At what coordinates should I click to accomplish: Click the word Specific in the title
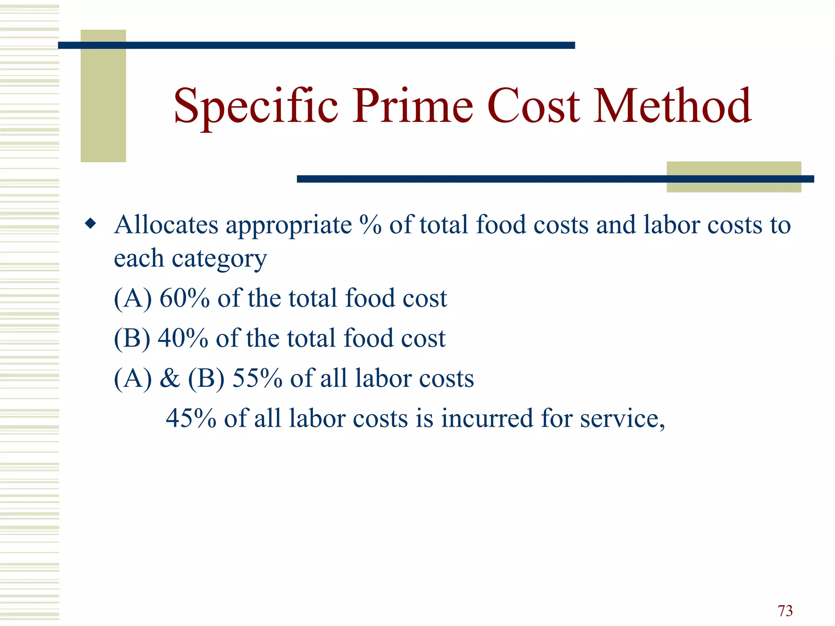coord(256,107)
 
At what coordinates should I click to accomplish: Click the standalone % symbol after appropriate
coord(370,225)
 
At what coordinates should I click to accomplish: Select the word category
coord(219,259)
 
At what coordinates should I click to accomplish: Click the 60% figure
coord(184,298)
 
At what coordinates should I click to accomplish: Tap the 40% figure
coord(183,338)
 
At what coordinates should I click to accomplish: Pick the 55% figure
coord(257,378)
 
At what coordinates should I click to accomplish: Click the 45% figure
coord(191,418)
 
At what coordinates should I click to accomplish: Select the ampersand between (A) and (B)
coord(170,378)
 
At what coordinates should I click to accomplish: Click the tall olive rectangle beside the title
coord(103,96)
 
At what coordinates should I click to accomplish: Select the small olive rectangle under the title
coord(733,177)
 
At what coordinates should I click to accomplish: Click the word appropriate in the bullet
coord(289,226)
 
